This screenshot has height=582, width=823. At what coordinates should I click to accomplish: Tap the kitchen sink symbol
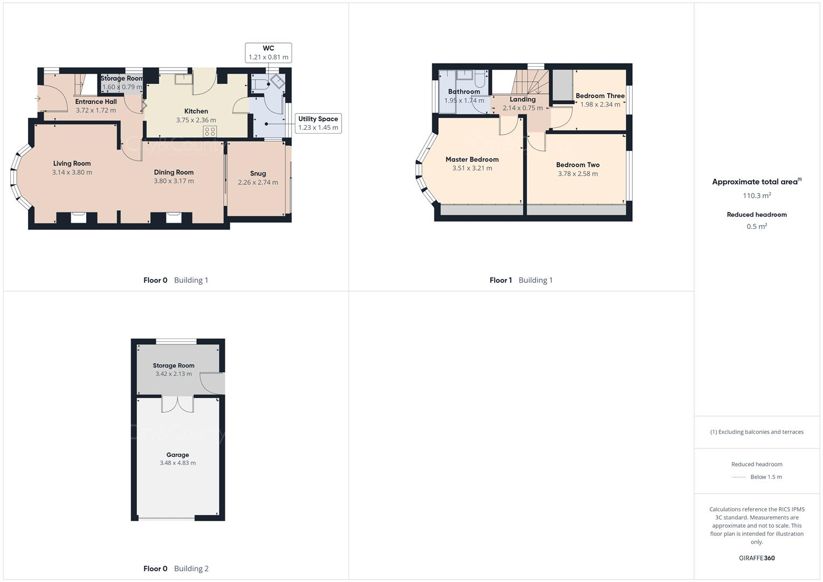[x=183, y=79]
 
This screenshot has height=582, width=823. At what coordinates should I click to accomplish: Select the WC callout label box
[x=268, y=52]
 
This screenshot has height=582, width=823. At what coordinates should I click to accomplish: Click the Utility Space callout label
[x=318, y=123]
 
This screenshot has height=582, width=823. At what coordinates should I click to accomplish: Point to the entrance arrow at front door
[x=37, y=99]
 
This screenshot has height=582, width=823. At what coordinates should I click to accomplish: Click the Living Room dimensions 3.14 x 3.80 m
[x=72, y=172]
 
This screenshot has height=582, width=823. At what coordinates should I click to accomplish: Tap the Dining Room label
[x=174, y=172]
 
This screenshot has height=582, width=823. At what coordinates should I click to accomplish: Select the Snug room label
[x=258, y=174]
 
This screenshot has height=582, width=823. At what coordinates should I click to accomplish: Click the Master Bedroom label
[x=472, y=160]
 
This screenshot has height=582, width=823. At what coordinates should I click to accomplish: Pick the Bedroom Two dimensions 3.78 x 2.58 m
[x=577, y=174]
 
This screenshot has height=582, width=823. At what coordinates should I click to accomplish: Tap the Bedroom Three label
[x=600, y=96]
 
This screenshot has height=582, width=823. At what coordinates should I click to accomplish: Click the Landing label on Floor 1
[x=522, y=99]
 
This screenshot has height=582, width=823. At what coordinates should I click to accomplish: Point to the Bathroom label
[x=464, y=92]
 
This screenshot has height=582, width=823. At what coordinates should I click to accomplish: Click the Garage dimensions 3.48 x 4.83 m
[x=177, y=463]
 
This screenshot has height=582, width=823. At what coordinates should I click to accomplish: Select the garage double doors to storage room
[x=177, y=404]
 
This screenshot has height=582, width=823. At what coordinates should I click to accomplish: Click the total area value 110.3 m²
[x=756, y=196]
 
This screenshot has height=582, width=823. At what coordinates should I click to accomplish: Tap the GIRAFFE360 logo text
[x=756, y=558]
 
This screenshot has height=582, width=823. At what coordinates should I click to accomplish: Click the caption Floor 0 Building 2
[x=176, y=569]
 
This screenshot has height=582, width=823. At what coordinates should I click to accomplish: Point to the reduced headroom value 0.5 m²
[x=756, y=226]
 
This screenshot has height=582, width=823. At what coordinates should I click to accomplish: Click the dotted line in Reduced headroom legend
[x=739, y=477]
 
